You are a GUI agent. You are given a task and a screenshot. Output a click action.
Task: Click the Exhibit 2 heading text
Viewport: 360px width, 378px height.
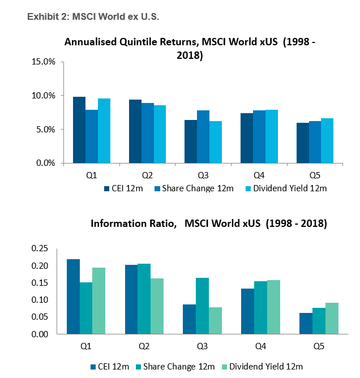point(93,17)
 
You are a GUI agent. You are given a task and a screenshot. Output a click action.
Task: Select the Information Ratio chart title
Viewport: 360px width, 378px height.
point(208,223)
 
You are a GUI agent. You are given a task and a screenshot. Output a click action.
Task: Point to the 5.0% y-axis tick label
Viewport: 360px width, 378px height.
point(45,129)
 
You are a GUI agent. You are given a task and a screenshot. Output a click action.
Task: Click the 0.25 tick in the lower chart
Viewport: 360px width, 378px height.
point(40,248)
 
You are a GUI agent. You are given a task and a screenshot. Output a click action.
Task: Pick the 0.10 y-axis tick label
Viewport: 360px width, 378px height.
point(40,299)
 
